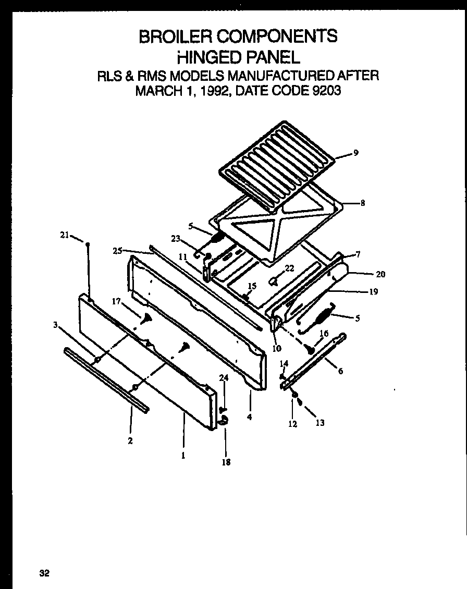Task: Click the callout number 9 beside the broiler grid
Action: click(x=355, y=153)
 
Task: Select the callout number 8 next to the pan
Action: click(x=362, y=203)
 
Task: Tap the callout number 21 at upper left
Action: click(x=64, y=235)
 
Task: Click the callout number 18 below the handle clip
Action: click(x=226, y=462)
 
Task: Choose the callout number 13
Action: click(x=319, y=423)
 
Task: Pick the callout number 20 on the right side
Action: click(x=380, y=274)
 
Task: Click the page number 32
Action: click(x=44, y=573)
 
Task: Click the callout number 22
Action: click(x=289, y=268)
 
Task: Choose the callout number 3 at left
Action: click(x=55, y=326)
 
